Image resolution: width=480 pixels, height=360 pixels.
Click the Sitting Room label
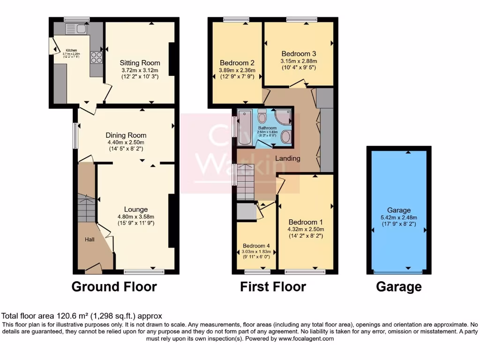click(x=140, y=63)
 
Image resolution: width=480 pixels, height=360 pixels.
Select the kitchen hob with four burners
click(x=97, y=57)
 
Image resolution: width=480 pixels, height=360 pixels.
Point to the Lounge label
click(x=136, y=210)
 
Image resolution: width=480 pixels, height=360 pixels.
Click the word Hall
click(x=89, y=240)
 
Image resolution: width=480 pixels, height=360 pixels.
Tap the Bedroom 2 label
click(x=237, y=63)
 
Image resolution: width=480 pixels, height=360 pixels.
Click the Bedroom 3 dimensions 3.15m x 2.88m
click(x=299, y=61)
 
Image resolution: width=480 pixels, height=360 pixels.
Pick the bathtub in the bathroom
click(x=244, y=127)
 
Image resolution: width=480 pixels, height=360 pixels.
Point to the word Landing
click(x=287, y=158)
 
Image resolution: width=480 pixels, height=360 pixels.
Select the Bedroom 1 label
click(x=305, y=222)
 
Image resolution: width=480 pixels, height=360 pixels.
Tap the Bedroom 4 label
click(x=256, y=245)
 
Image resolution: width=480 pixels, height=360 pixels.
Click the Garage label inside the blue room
click(x=399, y=210)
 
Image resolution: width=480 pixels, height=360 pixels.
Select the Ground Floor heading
click(x=114, y=286)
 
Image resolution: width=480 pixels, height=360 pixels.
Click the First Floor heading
click(x=273, y=286)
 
